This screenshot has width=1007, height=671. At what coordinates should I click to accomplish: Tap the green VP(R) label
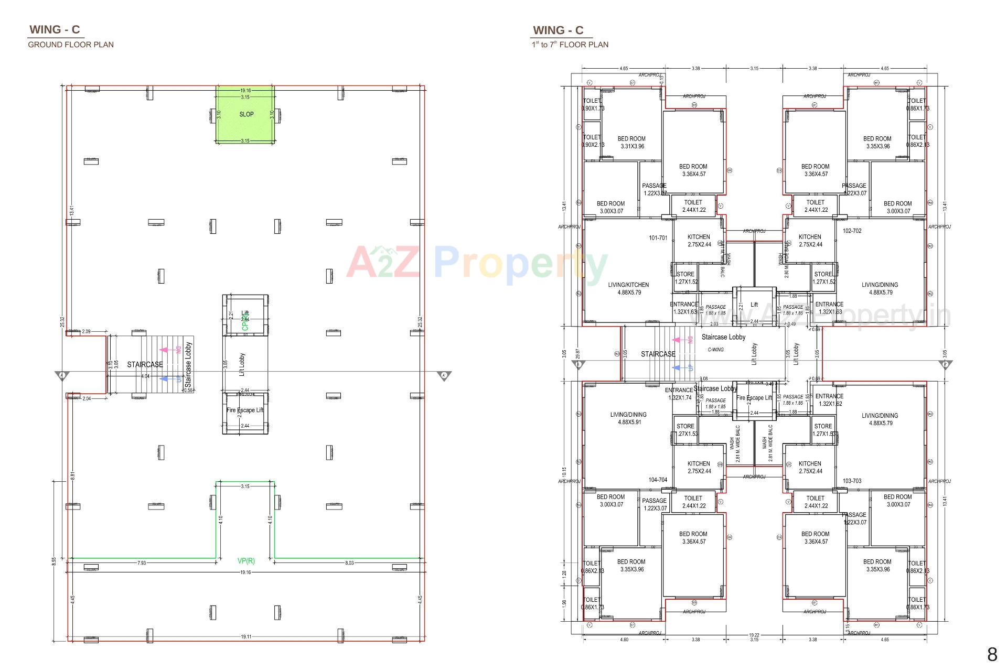coord(246,561)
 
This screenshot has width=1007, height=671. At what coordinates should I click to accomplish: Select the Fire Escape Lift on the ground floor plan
coord(245,410)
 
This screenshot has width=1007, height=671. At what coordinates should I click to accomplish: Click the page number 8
coord(992,655)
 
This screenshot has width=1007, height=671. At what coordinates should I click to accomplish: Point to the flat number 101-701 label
coord(658,238)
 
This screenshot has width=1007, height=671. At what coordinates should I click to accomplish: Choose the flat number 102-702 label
coord(852,231)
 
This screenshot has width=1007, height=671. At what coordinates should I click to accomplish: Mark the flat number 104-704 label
coord(658,480)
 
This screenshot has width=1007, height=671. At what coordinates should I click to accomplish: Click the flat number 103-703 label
coord(852,481)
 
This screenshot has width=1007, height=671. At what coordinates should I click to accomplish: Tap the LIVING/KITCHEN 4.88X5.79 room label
coord(628,289)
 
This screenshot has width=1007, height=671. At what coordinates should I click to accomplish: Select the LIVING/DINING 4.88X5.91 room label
coord(628,418)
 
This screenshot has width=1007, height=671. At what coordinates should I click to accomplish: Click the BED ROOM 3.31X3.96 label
coord(631,143)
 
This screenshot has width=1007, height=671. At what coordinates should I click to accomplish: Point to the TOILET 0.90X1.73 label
coord(593,105)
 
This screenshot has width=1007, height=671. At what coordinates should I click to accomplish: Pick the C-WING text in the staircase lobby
coord(715,350)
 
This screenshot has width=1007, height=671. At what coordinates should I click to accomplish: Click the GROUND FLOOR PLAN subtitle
coord(71,45)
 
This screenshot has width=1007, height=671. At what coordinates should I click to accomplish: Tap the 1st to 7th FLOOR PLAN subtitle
coord(570,45)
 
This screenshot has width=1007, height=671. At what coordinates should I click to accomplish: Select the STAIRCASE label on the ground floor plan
coord(145,364)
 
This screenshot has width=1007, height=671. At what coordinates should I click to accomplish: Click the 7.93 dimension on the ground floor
coord(142,563)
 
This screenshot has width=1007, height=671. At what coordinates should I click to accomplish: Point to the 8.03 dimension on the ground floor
coord(349,563)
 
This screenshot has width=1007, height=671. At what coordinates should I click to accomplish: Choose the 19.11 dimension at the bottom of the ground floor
coord(245,637)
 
